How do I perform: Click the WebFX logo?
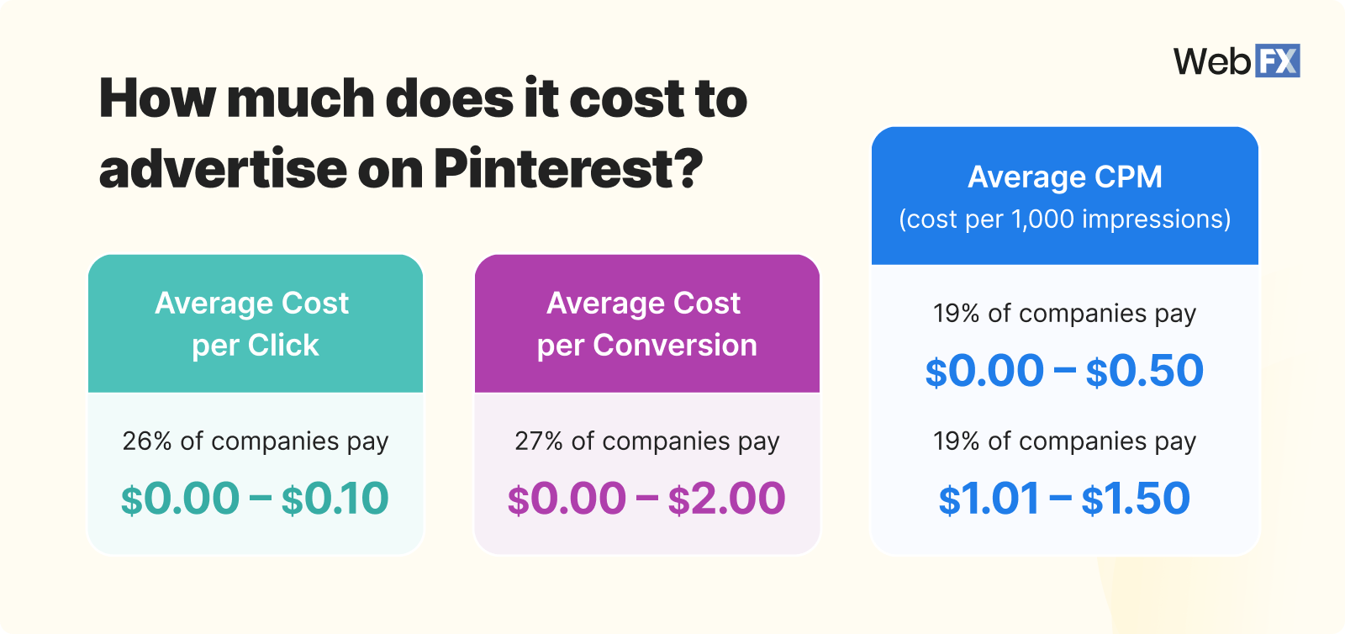1237,61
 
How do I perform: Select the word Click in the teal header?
283,346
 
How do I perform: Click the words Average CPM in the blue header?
1064,177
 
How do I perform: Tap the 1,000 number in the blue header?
1042,219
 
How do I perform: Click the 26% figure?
147,441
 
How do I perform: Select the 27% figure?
539,441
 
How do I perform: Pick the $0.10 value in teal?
335,499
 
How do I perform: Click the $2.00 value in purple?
726,499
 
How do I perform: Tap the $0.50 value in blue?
1144,371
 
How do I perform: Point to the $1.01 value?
989,499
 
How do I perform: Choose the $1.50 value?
1136,499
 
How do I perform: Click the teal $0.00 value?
180,499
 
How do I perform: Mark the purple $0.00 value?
567,499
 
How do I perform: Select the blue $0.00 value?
984,371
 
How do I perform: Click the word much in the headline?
300,98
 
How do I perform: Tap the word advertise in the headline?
222,169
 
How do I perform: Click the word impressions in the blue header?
1156,219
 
